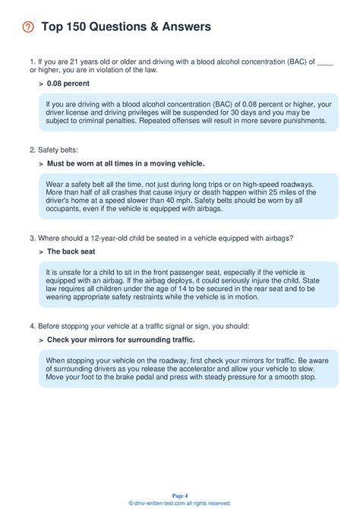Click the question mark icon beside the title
[28, 27]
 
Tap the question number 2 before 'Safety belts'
[31, 149]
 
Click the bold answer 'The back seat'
[71, 251]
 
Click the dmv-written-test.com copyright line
[180, 503]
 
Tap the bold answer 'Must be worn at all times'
[125, 163]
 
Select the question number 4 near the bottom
[31, 325]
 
